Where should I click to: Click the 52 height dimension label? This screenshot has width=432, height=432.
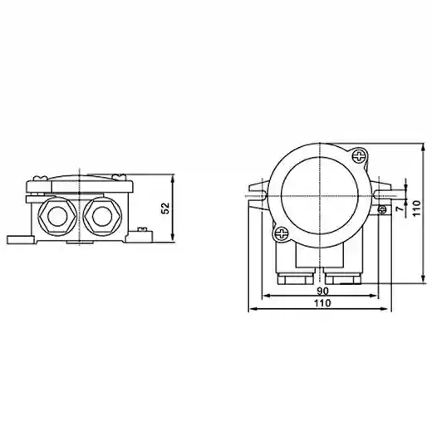coord(165,209)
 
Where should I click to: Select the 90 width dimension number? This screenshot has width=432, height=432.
coord(322,291)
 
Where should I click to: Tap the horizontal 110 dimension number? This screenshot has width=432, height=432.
coord(322,303)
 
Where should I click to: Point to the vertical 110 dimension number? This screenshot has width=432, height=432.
coord(416,209)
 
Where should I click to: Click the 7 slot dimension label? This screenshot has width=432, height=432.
coord(400,209)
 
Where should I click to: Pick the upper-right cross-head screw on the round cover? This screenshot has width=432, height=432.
coord(360,156)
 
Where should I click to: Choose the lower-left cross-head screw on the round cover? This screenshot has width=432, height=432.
coord(282,233)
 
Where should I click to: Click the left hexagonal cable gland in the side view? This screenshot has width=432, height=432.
coord(57,216)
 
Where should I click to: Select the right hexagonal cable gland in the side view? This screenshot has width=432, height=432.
coord(102,216)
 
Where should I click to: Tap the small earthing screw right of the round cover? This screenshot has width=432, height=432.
coord(382,209)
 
